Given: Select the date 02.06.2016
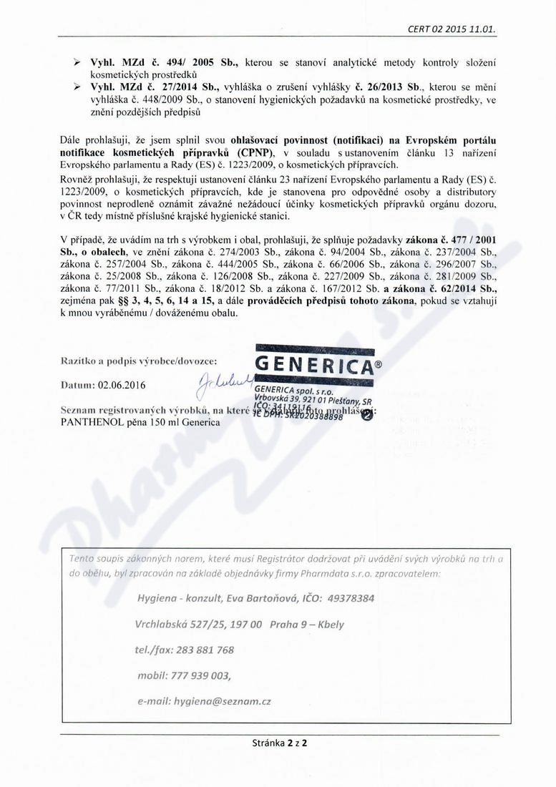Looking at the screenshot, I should click(122, 386).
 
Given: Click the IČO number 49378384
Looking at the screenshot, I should click(347, 597).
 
